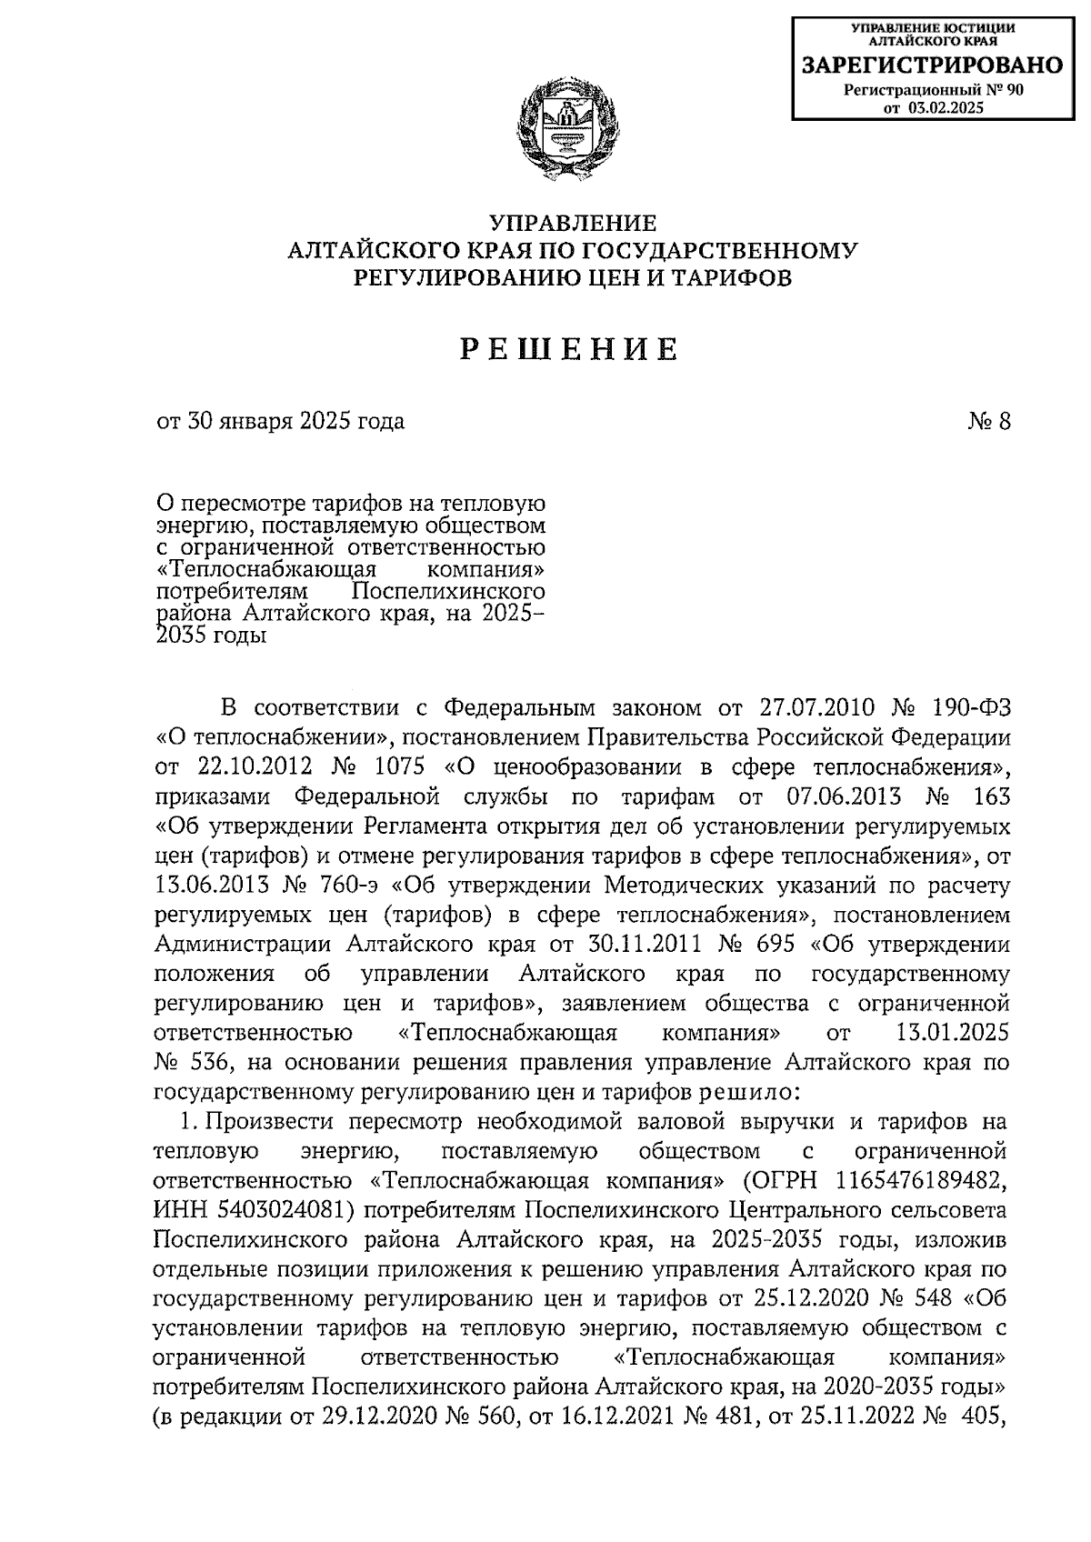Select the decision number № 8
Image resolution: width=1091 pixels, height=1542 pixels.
(x=989, y=421)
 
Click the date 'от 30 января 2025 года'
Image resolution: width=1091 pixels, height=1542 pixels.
(x=280, y=421)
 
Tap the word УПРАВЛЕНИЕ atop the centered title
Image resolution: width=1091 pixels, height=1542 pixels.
(x=573, y=223)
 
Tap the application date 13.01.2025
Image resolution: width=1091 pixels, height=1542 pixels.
(x=946, y=1033)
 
